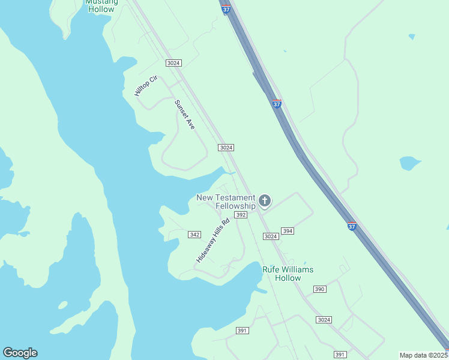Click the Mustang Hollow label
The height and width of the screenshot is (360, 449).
coord(100,5)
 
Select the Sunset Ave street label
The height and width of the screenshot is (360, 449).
coord(185,115)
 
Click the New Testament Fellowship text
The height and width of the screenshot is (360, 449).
coord(226,202)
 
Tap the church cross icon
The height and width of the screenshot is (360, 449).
coord(265,200)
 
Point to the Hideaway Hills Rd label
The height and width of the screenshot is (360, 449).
coord(213,241)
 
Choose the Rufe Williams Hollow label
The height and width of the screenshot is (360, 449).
coord(288,274)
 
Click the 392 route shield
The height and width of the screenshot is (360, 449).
coord(241,215)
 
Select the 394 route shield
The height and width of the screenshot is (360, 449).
coord(288,231)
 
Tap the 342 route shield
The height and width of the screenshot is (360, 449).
coord(194,235)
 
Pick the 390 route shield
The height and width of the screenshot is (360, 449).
coord(319,289)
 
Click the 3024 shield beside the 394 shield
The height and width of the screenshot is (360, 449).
coord(271,236)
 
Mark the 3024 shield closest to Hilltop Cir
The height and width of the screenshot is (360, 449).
coord(174,63)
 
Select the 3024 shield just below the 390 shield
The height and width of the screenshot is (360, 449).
coord(324,320)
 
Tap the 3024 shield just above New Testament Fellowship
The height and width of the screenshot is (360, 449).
coord(226,148)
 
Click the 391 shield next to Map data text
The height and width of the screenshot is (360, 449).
coord(340,355)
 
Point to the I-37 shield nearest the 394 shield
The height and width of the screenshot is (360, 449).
coord(352,226)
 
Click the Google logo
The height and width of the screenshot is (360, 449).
coord(20,353)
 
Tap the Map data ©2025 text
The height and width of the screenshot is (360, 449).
coord(424,355)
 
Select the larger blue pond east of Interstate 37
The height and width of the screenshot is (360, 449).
coord(409,163)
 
